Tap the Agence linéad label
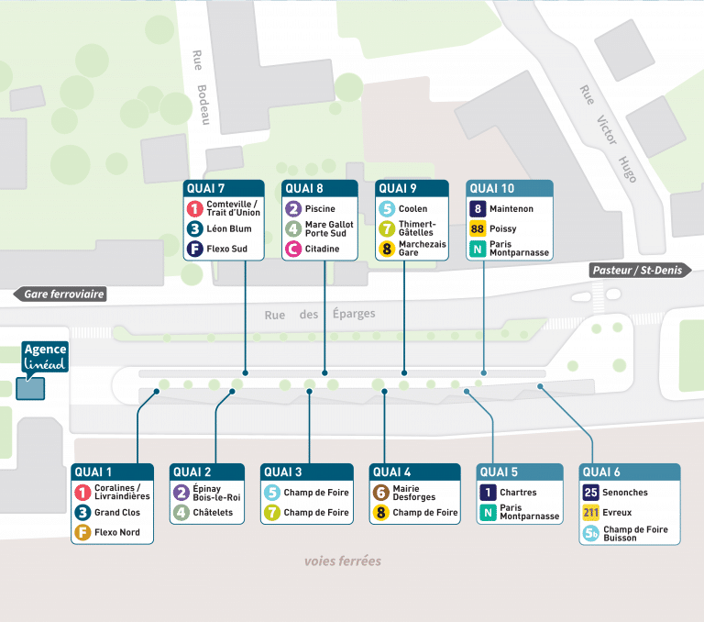pos(45,358)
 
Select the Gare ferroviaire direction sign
pos(60,294)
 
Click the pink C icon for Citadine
pos(293,249)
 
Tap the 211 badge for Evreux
pos(590,513)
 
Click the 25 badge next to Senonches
pos(590,493)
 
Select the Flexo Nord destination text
pos(117,532)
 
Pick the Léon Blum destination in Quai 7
pos(227,229)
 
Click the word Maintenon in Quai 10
pos(512,209)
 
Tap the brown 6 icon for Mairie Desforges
pos(380,493)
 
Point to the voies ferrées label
pos(342,561)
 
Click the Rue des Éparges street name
pos(319,315)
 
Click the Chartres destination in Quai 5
pos(518,493)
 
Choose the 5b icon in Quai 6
pos(590,533)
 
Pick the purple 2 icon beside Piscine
pos(293,209)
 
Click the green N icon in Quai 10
pos(478,249)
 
